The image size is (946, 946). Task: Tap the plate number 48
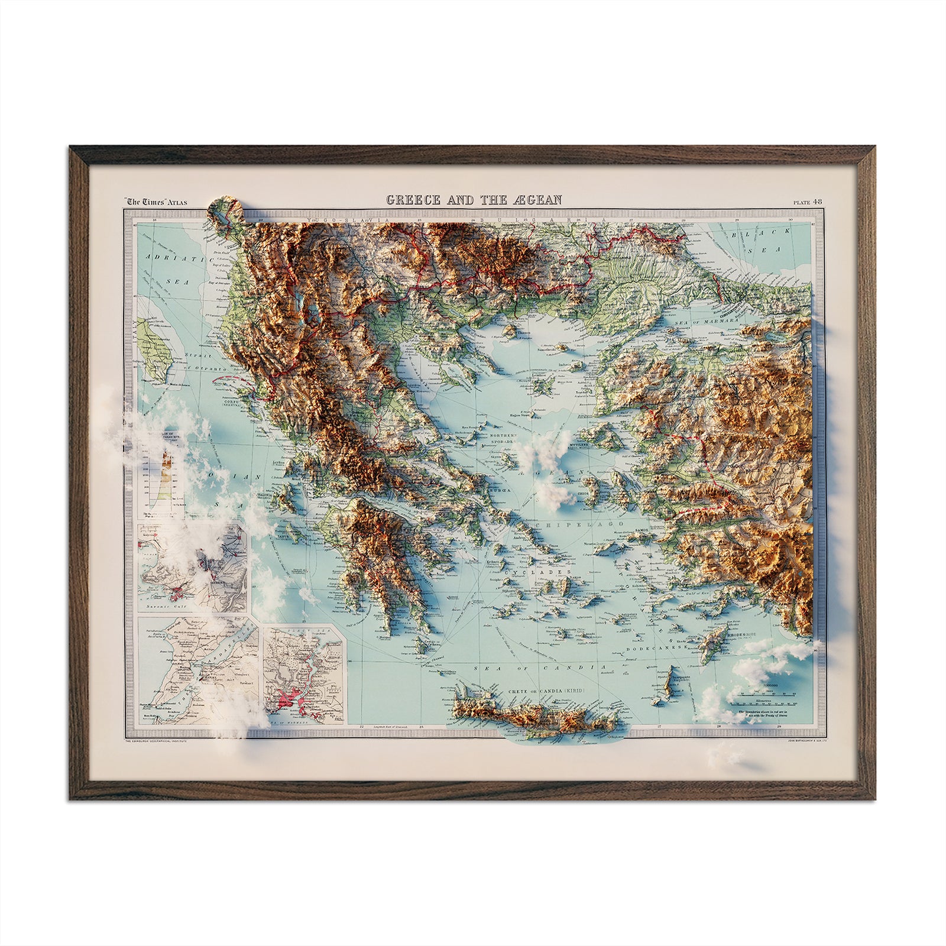(x=817, y=202)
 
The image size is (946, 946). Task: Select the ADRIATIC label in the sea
(x=167, y=258)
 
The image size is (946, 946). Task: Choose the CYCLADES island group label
(x=551, y=573)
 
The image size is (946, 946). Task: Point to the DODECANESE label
(x=667, y=649)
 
